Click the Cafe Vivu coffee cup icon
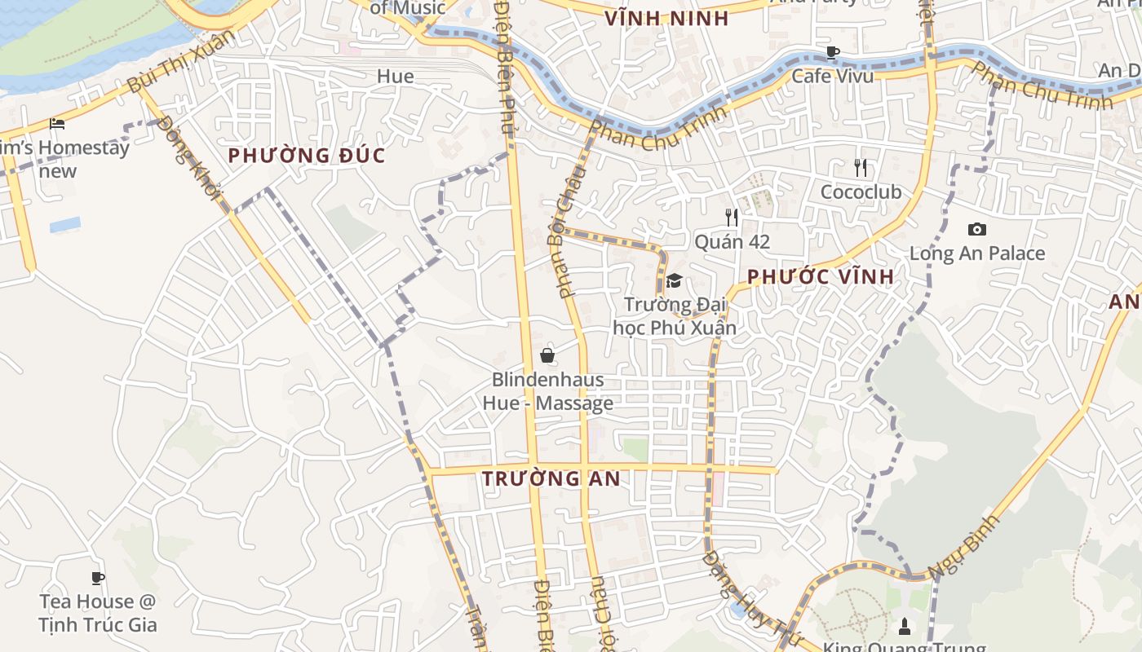pos(832,53)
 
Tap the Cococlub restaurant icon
pos(861,168)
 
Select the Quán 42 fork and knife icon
pos(732,217)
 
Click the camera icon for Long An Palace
pos(976,229)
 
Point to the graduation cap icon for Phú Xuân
pos(674,281)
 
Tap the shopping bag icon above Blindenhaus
pos(547,355)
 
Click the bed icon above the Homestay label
pos(57,124)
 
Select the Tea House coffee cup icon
pos(98,579)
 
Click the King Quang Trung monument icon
pos(904,627)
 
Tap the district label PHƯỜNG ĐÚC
pos(306,156)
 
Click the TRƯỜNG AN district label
pos(551,479)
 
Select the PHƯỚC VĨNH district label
pos(821,277)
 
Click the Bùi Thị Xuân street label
pos(180,62)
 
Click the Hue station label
pos(395,77)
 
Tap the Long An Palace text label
pos(976,253)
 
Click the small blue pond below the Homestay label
pos(65,224)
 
